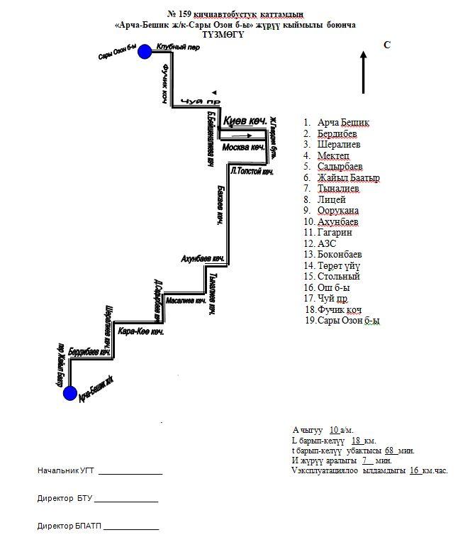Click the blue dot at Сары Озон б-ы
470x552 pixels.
pos(145,51)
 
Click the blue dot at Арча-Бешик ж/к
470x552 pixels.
pos(69,394)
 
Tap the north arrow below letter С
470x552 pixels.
pos(363,71)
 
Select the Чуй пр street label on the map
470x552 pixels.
pos(196,101)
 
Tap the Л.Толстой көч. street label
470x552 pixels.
pos(252,172)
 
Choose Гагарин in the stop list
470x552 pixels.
pos(335,233)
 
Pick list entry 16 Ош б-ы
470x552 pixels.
pos(334,287)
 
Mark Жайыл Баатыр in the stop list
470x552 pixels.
pos(349,178)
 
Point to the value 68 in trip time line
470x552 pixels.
pos(389,451)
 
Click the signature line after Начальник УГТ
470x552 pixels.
pos(130,471)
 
